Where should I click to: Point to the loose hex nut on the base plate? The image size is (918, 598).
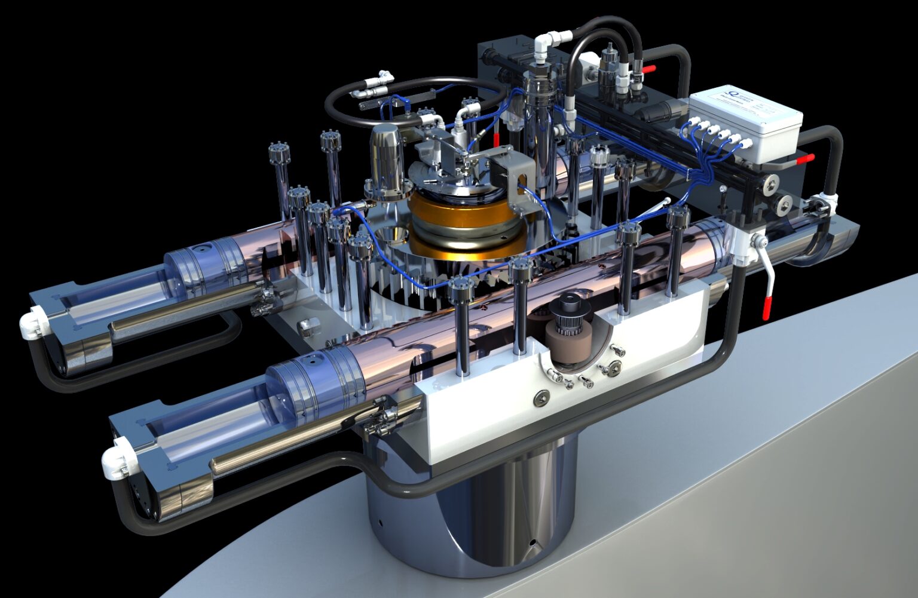(x=308, y=325)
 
